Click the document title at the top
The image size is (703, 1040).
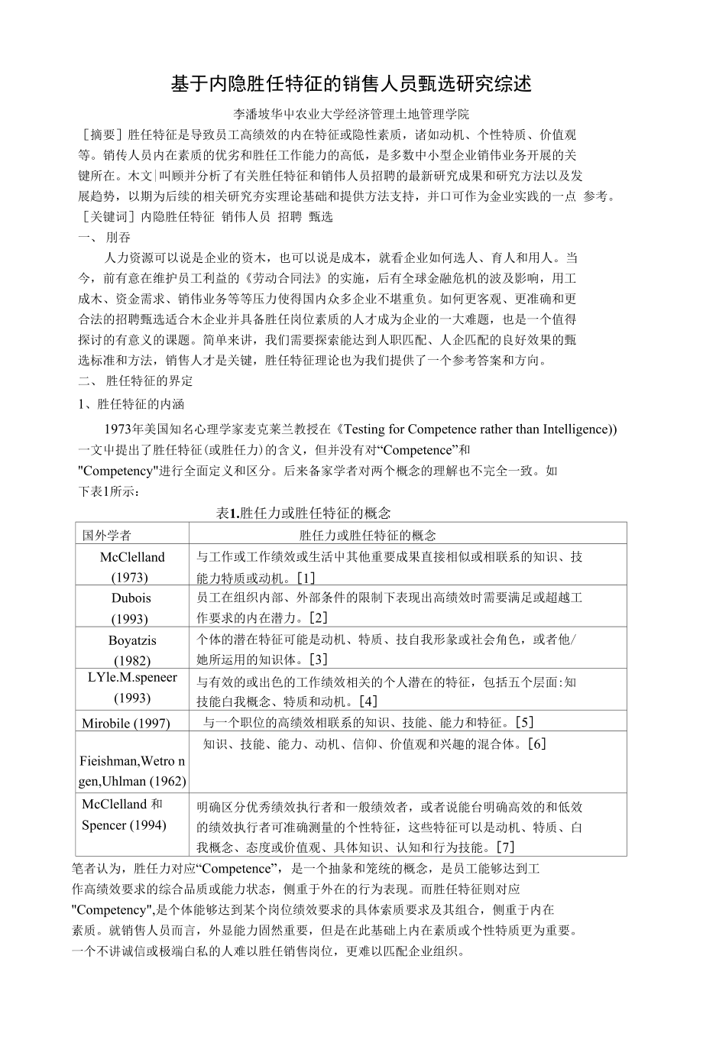(351, 83)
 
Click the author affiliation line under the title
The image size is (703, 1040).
(351, 115)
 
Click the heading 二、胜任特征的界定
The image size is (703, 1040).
(136, 381)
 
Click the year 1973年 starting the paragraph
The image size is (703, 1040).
(121, 429)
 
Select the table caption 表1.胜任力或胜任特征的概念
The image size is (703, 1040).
(304, 513)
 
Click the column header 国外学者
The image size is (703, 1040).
(107, 535)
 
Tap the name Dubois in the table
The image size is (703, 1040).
(131, 598)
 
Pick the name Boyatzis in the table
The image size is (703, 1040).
(132, 640)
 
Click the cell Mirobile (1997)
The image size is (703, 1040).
(126, 723)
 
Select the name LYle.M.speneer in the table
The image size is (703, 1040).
(131, 677)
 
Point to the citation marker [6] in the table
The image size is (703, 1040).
(537, 743)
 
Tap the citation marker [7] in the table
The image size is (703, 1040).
(505, 847)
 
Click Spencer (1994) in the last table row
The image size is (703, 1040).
(124, 825)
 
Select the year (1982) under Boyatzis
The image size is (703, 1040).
(131, 661)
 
